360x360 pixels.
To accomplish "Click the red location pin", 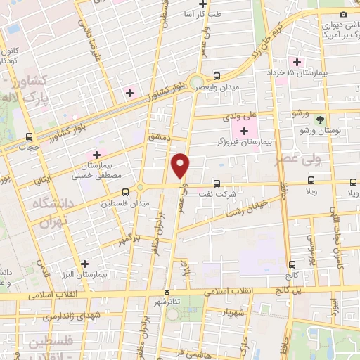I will click(x=181, y=165).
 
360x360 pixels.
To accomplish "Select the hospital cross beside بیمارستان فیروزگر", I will click(x=245, y=131).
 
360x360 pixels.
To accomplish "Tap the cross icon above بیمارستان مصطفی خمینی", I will click(x=96, y=155).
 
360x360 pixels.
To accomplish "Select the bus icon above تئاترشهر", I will click(x=167, y=290).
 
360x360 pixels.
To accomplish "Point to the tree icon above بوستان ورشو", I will click(x=321, y=120).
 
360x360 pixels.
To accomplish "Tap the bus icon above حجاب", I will click(x=29, y=136).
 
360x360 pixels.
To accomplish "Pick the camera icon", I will click(x=343, y=15).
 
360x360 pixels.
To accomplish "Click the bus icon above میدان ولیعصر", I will click(x=217, y=75).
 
